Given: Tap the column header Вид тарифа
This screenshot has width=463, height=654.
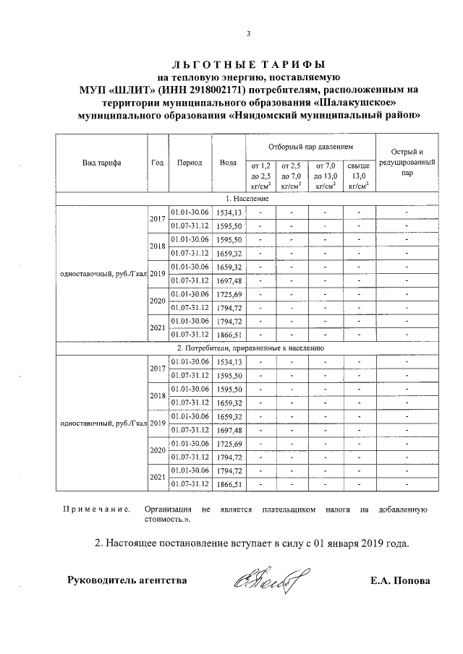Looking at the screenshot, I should pyautogui.click(x=101, y=163).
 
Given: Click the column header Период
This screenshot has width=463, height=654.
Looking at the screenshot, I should pyautogui.click(x=190, y=163).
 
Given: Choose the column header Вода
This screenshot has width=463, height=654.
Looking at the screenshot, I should pyautogui.click(x=228, y=163).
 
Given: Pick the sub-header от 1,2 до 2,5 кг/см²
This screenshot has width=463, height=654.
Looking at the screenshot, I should pyautogui.click(x=259, y=176).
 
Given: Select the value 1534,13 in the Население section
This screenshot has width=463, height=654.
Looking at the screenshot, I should pyautogui.click(x=228, y=212).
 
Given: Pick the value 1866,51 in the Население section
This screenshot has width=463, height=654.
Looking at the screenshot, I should pyautogui.click(x=228, y=335).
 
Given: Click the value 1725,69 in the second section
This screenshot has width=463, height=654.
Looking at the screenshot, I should pyautogui.click(x=228, y=443).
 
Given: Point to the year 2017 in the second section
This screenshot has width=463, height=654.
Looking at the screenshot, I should pyautogui.click(x=157, y=369).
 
